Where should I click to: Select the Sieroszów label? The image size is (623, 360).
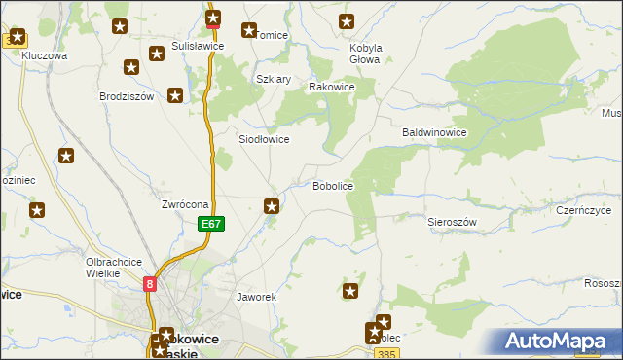pos(452,222)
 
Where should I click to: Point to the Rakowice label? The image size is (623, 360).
pos(331,87)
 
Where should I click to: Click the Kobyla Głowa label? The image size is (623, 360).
pos(364,53)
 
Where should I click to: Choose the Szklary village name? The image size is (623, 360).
pos(274,79)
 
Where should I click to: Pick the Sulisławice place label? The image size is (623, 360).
pos(199,46)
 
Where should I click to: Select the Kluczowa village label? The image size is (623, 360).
pos(44,56)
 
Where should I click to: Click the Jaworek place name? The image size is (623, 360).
pos(258,296)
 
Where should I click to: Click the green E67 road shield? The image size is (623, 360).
pos(213,224)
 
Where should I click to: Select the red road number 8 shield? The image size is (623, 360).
pos(150,284)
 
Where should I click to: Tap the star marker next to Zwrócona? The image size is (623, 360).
pos(273,205)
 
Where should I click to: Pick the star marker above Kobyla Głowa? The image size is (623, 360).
pos(346,21)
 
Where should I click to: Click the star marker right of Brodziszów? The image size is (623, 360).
pos(175,95)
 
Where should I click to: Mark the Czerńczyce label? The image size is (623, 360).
pos(583,210)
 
